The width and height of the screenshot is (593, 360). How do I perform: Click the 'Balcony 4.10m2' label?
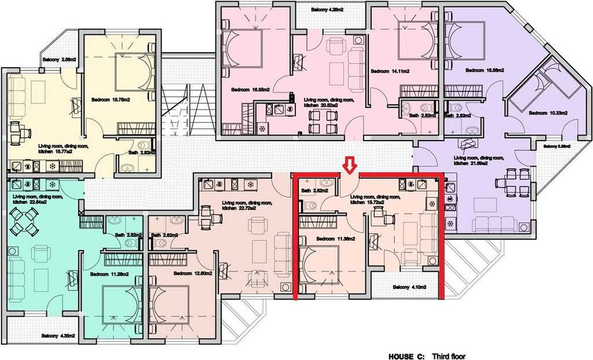pos(409,288)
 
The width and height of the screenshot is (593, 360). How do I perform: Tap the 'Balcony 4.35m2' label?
pos(58,336)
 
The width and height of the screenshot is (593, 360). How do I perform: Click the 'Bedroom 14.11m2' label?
pos(390,71)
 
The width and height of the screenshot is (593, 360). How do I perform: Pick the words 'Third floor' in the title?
pos(448,356)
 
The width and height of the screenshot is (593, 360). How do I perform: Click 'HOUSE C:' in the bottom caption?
pos(406,356)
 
